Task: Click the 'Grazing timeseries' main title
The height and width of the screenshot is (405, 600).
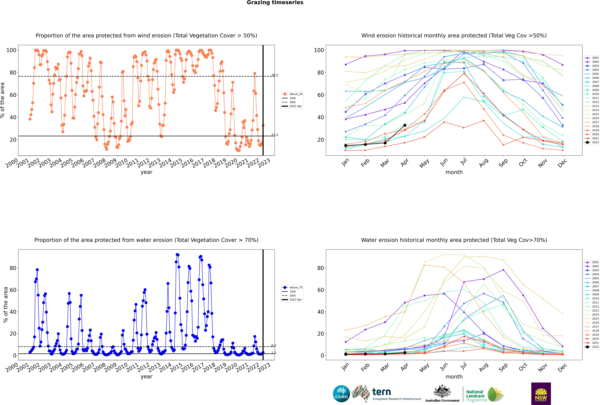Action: click(x=275, y=3)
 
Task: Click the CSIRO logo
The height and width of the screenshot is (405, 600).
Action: click(x=341, y=394)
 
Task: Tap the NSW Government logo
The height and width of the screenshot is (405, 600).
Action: click(x=541, y=394)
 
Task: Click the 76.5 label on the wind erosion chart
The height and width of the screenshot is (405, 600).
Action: click(x=275, y=75)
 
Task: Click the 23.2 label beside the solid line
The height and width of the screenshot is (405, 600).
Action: click(x=275, y=135)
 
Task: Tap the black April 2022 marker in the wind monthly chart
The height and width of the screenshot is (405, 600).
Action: click(x=405, y=125)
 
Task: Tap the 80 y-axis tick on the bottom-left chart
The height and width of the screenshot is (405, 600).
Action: click(x=13, y=268)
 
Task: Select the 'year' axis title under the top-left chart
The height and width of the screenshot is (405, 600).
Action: click(x=147, y=172)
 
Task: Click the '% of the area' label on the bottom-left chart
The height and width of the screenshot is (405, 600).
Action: click(x=5, y=305)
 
